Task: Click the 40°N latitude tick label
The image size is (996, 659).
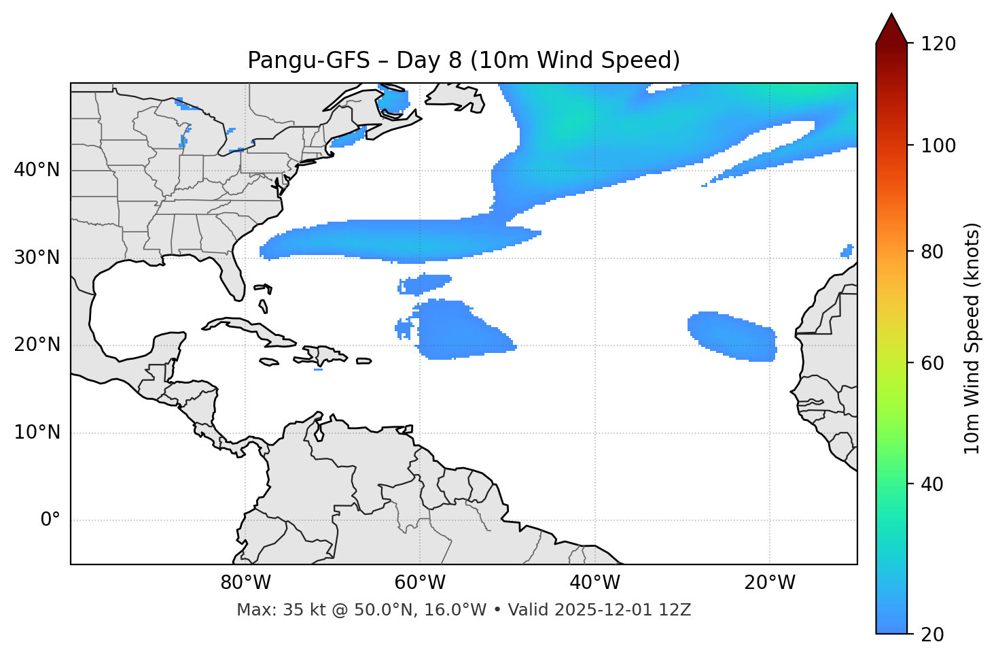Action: (37, 170)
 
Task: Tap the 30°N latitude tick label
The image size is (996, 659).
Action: (37, 258)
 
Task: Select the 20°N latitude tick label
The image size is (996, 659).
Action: (37, 345)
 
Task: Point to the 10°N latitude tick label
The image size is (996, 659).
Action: (37, 433)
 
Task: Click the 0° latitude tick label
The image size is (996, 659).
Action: (50, 520)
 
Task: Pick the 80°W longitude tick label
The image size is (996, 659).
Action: (245, 583)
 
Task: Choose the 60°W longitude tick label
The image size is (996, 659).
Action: (420, 583)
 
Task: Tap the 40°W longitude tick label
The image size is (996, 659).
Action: (594, 583)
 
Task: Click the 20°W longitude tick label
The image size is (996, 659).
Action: (769, 583)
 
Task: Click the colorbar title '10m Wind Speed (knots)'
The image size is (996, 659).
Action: (972, 338)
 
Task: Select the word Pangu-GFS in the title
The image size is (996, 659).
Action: (308, 61)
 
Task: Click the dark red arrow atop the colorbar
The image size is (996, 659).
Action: (891, 29)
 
